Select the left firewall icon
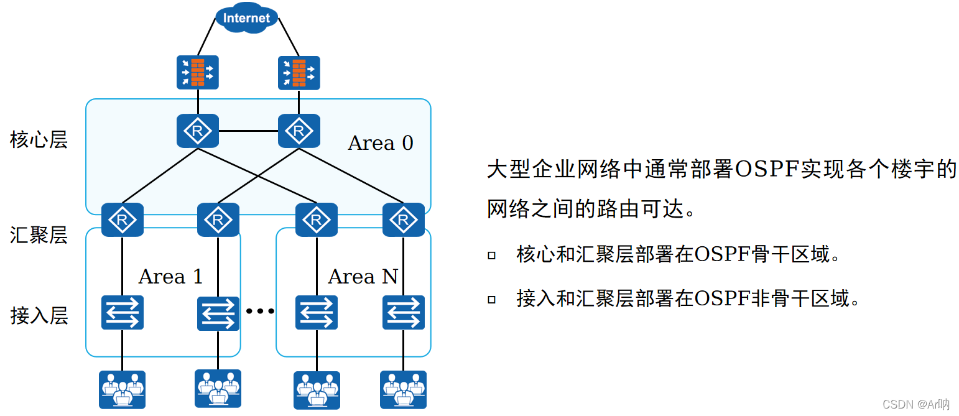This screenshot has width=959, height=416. (198, 72)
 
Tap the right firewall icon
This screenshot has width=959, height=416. (299, 73)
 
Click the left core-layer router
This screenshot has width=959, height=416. (198, 131)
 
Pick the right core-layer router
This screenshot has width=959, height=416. (299, 131)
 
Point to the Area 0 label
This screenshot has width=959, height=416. (380, 143)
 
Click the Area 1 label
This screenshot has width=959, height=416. (170, 277)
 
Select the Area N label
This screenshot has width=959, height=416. (363, 277)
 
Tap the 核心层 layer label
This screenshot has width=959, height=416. (39, 140)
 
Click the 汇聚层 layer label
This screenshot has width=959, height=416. (39, 235)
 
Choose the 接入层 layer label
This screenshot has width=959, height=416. (39, 316)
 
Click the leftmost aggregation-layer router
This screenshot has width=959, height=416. (122, 220)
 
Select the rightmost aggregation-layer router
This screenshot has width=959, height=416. (404, 220)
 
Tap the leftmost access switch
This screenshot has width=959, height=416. (122, 312)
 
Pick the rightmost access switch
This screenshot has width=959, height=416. (404, 312)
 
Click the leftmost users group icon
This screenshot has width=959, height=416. (122, 390)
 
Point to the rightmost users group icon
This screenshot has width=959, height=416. (404, 390)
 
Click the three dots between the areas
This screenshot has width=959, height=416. (259, 311)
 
